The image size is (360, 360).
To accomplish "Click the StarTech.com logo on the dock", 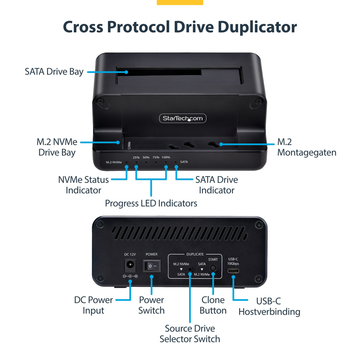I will [x=183, y=118].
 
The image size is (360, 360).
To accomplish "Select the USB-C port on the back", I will [x=233, y=271].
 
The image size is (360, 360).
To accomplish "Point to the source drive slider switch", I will [x=191, y=269].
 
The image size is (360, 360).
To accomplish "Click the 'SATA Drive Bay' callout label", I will [x=54, y=72].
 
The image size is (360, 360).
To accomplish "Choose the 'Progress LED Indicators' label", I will [x=151, y=203].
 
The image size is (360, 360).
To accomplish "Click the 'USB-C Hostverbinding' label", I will [x=269, y=307].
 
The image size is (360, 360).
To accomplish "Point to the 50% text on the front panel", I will [x=146, y=157].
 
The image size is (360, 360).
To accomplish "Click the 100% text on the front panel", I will [x=166, y=157].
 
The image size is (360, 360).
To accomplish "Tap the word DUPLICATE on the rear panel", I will [x=195, y=254].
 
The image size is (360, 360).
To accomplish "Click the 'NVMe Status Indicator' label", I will [x=84, y=185].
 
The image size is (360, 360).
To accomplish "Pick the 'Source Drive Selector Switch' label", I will [x=190, y=334].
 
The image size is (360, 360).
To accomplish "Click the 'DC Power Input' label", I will [x=94, y=305].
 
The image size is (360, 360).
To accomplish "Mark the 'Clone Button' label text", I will [x=213, y=305].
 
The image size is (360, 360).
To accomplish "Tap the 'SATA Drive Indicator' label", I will [x=217, y=185].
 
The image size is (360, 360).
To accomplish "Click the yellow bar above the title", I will [x=180, y=2].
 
